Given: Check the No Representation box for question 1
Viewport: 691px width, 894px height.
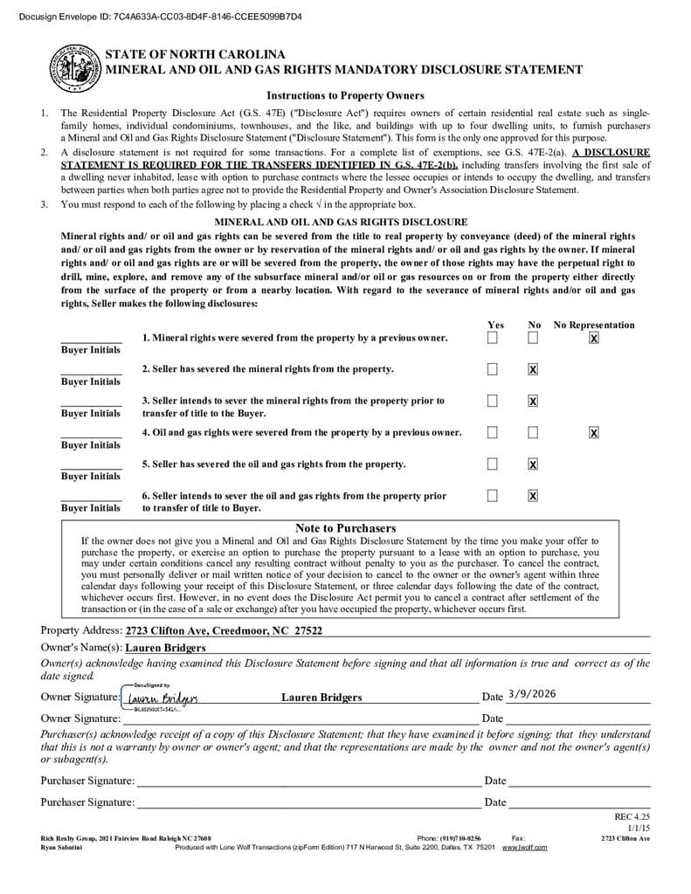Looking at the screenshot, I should [x=594, y=338].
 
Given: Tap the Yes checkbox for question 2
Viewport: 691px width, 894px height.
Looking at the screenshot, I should [x=493, y=369].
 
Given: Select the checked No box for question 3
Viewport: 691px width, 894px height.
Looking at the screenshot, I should [x=533, y=401].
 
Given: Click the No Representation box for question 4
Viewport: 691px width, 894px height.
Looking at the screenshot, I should [x=594, y=432].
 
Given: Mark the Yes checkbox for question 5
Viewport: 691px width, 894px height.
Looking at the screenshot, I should [x=493, y=464].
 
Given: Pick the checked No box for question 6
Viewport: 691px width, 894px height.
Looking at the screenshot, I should [x=533, y=496].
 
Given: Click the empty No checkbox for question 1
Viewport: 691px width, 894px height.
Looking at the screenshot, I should [x=533, y=338].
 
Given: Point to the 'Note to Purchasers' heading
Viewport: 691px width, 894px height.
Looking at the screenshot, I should [x=345, y=528].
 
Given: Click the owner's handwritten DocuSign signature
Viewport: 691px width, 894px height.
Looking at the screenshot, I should [x=162, y=698].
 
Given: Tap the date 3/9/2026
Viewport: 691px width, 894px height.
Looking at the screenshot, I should [x=531, y=695].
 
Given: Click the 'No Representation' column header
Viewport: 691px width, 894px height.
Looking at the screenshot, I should [x=594, y=325].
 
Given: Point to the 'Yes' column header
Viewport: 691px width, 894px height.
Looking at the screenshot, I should [x=494, y=325].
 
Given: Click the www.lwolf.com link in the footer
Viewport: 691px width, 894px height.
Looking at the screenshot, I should [x=524, y=847].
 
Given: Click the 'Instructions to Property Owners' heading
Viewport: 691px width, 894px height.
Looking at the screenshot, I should [x=345, y=96].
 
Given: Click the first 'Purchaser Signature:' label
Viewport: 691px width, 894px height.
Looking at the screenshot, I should [x=87, y=781].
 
